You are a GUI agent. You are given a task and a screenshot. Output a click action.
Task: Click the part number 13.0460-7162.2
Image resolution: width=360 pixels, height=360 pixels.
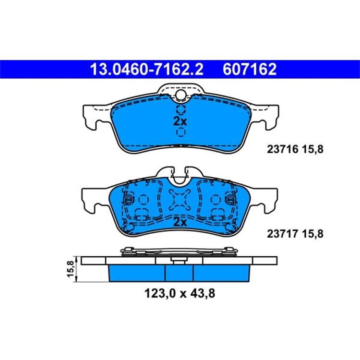[147, 69]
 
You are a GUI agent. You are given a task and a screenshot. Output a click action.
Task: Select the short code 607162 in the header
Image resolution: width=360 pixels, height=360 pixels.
[250, 69]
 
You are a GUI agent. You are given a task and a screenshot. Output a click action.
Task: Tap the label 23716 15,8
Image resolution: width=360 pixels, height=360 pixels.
[295, 149]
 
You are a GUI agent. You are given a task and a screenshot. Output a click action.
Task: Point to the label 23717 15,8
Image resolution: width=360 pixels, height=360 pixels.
[295, 234]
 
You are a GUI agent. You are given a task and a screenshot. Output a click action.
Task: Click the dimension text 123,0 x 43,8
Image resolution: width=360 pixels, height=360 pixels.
[180, 293]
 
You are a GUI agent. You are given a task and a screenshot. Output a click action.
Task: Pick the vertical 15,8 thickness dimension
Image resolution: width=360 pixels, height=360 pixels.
[71, 269]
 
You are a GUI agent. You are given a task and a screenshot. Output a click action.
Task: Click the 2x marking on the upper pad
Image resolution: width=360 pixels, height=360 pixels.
[180, 121]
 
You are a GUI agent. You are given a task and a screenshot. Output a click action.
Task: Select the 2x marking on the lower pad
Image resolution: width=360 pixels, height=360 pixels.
[180, 222]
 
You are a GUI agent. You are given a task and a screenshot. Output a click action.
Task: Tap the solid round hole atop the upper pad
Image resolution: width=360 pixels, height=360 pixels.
[181, 95]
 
